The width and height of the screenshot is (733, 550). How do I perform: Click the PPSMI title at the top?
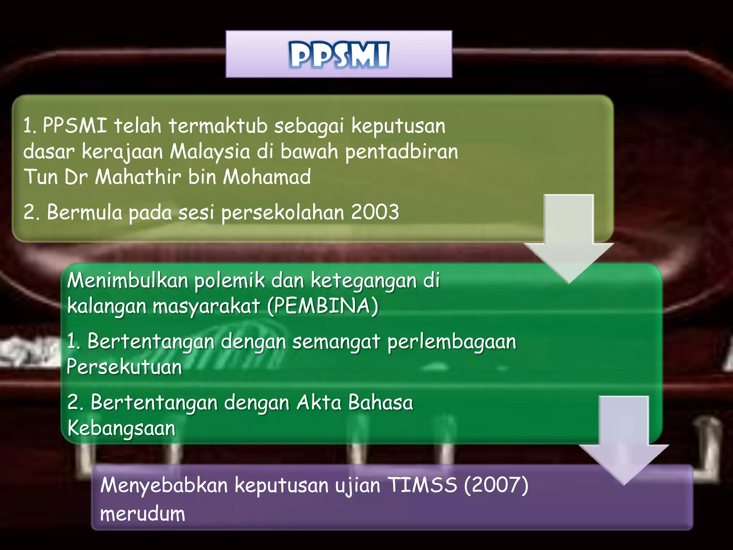tap(339, 55)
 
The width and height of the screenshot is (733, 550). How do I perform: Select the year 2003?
tap(375, 212)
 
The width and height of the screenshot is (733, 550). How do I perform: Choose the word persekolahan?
tap(282, 213)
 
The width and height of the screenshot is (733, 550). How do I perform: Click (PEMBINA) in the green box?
tap(323, 306)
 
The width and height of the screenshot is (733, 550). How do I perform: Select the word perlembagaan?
tap(452, 342)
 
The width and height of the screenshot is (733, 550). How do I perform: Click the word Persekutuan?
tap(124, 367)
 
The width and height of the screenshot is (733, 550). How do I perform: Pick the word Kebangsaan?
tap(121, 428)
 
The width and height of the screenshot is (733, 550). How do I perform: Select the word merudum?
tap(142, 513)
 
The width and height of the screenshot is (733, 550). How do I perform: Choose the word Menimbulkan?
tap(127, 280)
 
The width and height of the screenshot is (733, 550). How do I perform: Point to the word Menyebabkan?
tap(164, 485)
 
